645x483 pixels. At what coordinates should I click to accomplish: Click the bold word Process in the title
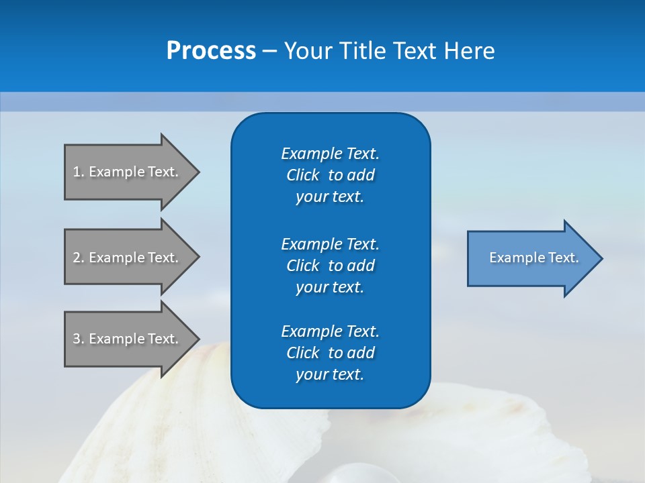[x=211, y=51]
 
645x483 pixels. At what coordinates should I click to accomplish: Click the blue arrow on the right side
[x=531, y=258]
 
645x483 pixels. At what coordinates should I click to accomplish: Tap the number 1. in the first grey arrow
[x=79, y=172]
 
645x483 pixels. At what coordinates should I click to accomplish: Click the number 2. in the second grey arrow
[x=79, y=258]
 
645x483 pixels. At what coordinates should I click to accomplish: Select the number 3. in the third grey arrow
[x=79, y=339]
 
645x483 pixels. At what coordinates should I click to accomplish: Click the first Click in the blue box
[x=303, y=175]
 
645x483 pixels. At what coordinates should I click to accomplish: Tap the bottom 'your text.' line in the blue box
[x=330, y=374]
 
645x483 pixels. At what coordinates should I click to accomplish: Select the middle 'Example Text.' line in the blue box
[x=330, y=244]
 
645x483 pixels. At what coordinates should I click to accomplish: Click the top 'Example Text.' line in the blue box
[x=330, y=154]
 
